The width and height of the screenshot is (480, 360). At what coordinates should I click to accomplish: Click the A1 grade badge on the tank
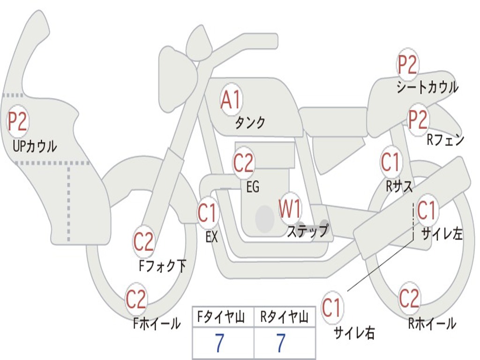coord(231,100)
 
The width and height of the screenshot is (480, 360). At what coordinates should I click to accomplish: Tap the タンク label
coord(250,123)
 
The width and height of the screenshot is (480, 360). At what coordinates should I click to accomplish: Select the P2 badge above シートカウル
coord(408,65)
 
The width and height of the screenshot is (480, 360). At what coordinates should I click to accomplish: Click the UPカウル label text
coord(35,146)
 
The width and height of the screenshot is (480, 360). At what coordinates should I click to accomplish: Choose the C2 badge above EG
coord(243,163)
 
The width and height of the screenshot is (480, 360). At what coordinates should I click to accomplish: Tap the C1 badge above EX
coord(208,213)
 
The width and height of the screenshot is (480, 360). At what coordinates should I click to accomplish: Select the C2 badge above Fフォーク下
coord(143,242)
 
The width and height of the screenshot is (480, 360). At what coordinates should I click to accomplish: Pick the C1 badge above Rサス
coord(390,162)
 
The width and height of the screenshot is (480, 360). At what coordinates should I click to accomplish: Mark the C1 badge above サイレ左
coord(426,210)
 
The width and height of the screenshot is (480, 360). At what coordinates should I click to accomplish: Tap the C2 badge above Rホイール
coord(409,298)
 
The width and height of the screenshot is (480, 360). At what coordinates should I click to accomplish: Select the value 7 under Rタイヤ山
coord(280,344)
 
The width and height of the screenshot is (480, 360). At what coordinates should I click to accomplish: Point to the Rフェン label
coord(445,140)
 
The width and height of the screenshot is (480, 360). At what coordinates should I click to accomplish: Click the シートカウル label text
coord(427,87)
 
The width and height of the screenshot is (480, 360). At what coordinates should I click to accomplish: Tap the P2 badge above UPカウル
coord(18,121)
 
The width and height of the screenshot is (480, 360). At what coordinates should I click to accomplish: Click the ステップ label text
coord(307,231)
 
